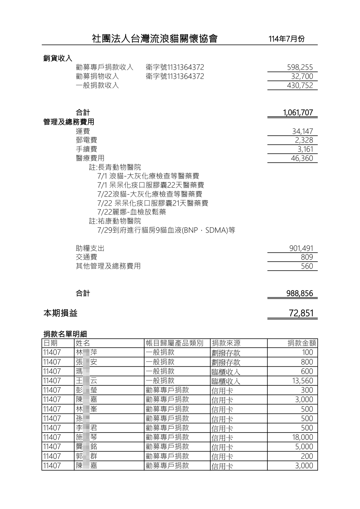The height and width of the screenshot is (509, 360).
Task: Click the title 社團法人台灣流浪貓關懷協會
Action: [x=154, y=39]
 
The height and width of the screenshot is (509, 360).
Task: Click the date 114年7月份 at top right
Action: [x=286, y=39]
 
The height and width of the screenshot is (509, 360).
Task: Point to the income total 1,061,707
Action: [x=298, y=113]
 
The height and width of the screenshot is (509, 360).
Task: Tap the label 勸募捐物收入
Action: [x=97, y=76]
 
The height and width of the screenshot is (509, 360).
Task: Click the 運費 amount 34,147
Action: [x=302, y=131]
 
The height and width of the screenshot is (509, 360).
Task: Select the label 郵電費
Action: [x=86, y=140]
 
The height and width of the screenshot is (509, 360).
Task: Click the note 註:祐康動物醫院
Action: [x=115, y=221]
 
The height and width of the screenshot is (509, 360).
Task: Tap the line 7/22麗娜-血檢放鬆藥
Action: [x=131, y=212]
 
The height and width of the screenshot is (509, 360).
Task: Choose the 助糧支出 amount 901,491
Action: [x=301, y=248]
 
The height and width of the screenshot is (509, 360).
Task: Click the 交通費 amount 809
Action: [x=307, y=257]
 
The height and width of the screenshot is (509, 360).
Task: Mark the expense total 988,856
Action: [x=300, y=293]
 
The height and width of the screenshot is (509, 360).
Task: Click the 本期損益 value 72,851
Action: [x=301, y=313]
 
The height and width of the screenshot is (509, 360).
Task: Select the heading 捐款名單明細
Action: [x=65, y=334]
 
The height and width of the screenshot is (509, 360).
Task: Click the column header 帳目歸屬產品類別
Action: [x=174, y=343]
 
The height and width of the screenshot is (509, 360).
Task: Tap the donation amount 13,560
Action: [x=303, y=381]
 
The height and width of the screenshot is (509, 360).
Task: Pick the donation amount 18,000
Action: [x=302, y=437]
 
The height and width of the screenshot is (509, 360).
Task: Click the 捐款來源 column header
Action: [x=226, y=343]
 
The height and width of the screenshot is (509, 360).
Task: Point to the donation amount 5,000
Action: [x=304, y=447]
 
